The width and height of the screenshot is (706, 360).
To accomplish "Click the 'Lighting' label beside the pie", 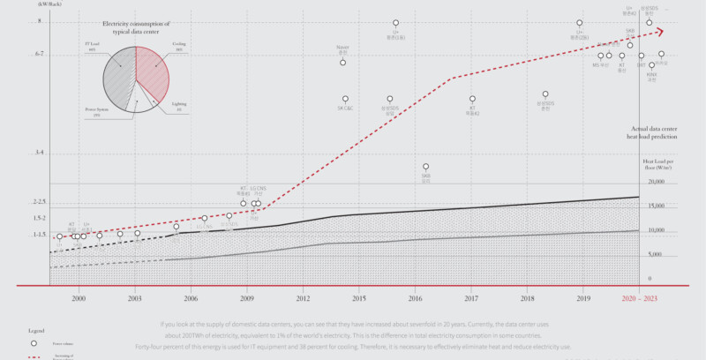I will click(179, 107).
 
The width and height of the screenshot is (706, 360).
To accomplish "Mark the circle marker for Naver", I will click(342, 63).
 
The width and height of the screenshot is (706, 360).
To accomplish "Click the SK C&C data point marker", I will click(345, 99).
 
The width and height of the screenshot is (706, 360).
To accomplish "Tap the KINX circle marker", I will click(651, 65).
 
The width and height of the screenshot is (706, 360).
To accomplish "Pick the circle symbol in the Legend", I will click(34, 342).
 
